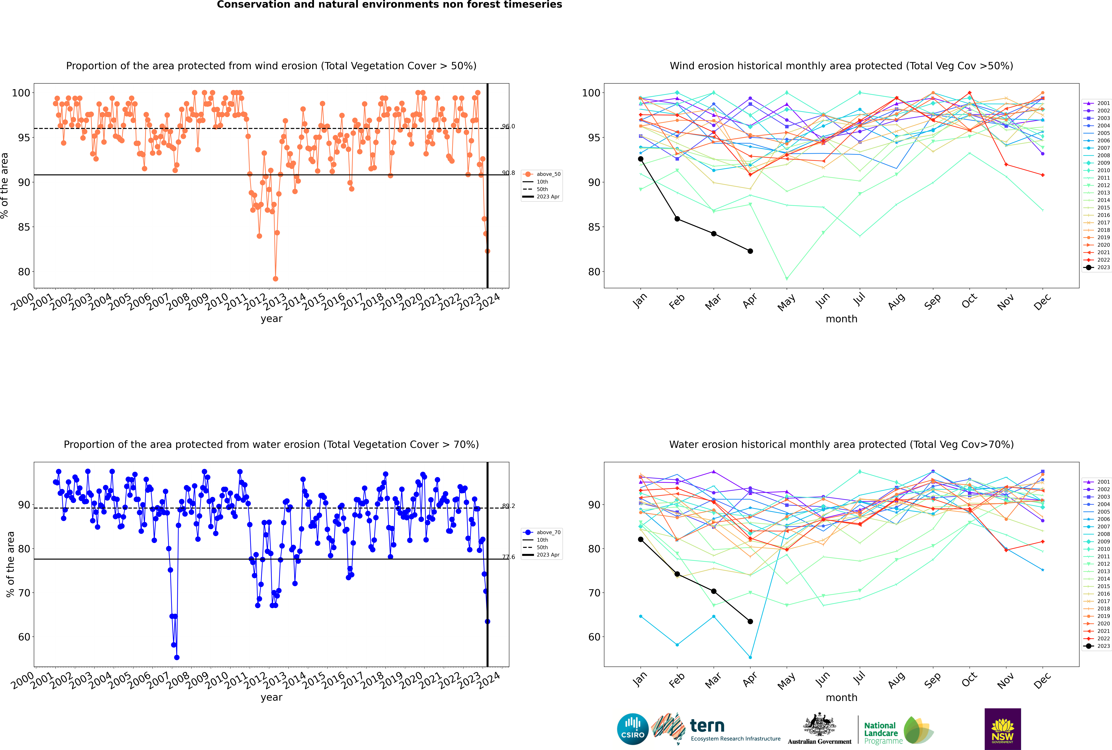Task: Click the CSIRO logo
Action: (632, 729)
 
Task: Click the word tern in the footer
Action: (707, 726)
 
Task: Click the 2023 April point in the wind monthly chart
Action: (750, 251)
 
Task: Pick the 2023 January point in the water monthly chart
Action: (641, 539)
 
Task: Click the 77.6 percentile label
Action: (508, 557)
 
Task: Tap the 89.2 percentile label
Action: (508, 506)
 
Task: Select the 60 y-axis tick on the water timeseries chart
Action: (24, 637)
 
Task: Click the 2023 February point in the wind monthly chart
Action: (677, 219)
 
